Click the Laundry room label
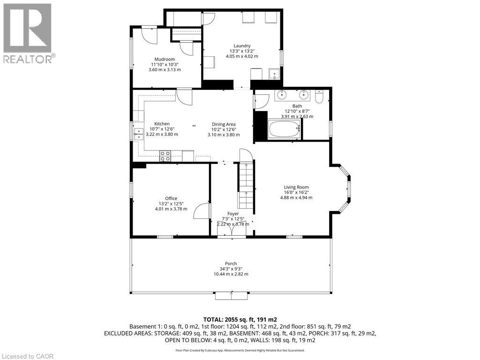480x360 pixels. [242, 45]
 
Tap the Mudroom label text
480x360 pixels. [165, 59]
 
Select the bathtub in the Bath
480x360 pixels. [284, 129]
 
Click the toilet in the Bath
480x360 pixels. [319, 97]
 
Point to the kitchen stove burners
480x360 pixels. [165, 156]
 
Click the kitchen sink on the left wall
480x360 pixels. [138, 135]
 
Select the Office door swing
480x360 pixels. [202, 211]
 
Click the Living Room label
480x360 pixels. [296, 187]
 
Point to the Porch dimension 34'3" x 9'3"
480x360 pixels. [231, 269]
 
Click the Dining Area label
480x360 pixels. [224, 124]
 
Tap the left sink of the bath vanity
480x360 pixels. [282, 95]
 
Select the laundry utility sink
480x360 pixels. [273, 75]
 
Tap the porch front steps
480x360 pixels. [232, 295]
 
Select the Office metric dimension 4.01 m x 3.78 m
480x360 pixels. [171, 209]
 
